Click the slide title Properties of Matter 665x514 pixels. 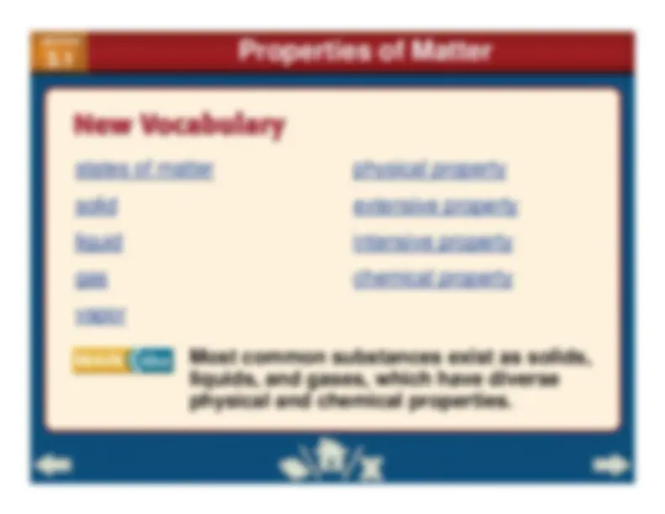click(x=364, y=52)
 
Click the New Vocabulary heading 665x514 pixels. click(x=180, y=126)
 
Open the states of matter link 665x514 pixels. click(x=144, y=170)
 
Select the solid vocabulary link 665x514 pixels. click(x=96, y=207)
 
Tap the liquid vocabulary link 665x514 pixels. click(x=98, y=244)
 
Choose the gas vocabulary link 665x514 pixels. click(x=90, y=280)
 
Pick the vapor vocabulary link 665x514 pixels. click(x=100, y=316)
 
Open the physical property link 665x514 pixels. click(x=429, y=170)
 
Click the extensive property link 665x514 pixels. click(x=434, y=207)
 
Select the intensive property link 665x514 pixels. click(x=432, y=244)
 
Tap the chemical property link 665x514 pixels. click(x=432, y=280)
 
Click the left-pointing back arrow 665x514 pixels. click(x=55, y=464)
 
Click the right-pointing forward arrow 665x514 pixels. click(x=610, y=464)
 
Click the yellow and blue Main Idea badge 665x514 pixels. click(x=123, y=360)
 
